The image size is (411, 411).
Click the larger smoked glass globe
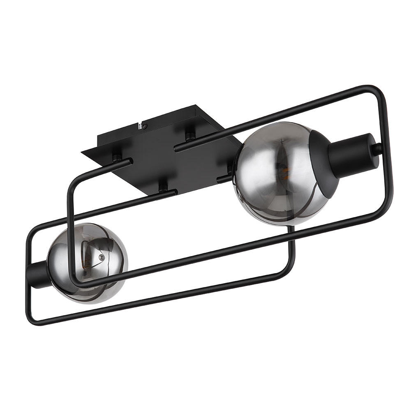tap(275, 173)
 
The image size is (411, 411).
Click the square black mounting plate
tap(164, 152)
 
